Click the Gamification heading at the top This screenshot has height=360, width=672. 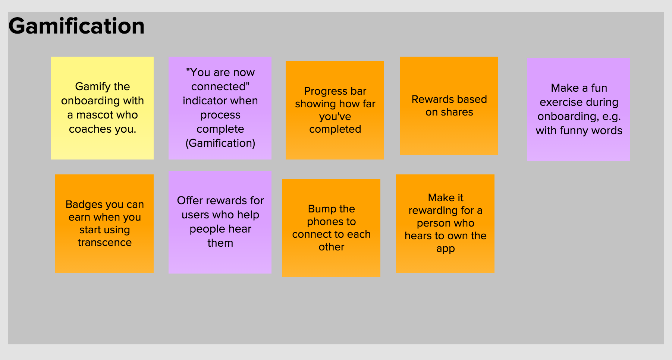pos(76,26)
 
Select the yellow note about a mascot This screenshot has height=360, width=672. pos(102,108)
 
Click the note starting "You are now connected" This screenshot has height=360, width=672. pos(220,108)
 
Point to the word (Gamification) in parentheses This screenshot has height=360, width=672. pos(220,143)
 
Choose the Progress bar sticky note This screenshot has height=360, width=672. pos(335,110)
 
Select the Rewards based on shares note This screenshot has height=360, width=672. pos(449,106)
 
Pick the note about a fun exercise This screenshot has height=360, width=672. pos(579,110)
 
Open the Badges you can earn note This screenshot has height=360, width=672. pos(104,224)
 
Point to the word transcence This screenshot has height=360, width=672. pos(105,243)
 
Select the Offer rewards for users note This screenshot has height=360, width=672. pos(220,222)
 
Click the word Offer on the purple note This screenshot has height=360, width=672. pos(190,200)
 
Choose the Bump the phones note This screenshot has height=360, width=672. pos(331,228)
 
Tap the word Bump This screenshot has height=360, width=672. pos(321,209)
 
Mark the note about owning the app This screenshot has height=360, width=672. pos(445,224)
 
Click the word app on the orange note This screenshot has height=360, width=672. pos(446,249)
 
